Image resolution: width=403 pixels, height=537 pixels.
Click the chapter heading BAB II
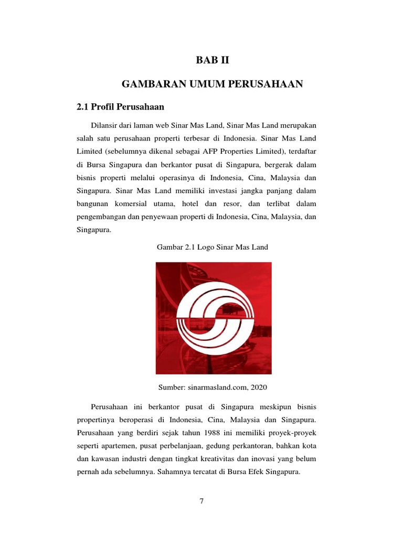coord(213,61)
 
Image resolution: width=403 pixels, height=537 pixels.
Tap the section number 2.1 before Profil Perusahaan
coord(83,107)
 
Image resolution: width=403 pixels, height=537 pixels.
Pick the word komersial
coord(131,202)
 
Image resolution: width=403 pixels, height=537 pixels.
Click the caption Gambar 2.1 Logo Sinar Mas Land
coord(214,246)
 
